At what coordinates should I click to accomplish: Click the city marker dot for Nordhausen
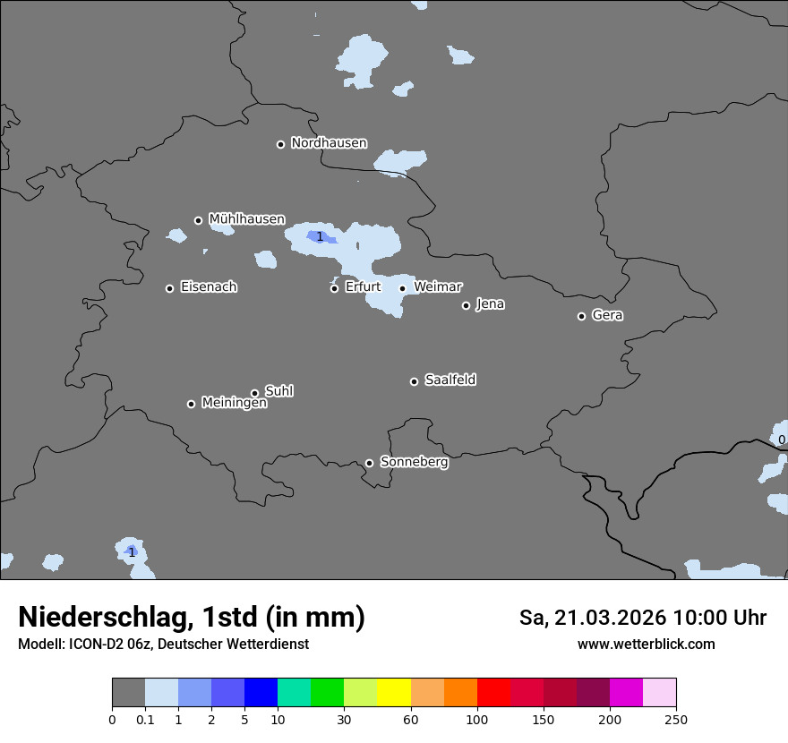coord(280,144)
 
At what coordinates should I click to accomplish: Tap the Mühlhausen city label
coord(246,219)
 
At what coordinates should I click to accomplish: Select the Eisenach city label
coord(209,287)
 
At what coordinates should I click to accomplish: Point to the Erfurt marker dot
coord(335,288)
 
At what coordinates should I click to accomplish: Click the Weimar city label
coord(438,287)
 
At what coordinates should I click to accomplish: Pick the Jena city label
coord(490,304)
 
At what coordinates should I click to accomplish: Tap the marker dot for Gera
coord(581,316)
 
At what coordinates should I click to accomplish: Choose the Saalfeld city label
coord(450,380)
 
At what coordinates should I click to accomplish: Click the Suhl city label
coord(279,391)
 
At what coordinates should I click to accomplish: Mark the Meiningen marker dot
coord(191,404)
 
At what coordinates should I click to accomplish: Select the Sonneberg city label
coord(414,462)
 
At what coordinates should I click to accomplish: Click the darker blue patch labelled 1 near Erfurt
coord(321,236)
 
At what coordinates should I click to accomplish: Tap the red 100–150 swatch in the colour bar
coord(493,693)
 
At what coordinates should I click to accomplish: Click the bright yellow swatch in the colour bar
coord(394,693)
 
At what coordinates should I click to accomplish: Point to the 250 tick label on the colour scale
coord(676,719)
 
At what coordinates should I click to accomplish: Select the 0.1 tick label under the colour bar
coord(145,719)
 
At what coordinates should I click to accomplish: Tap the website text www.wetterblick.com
coord(646,645)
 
